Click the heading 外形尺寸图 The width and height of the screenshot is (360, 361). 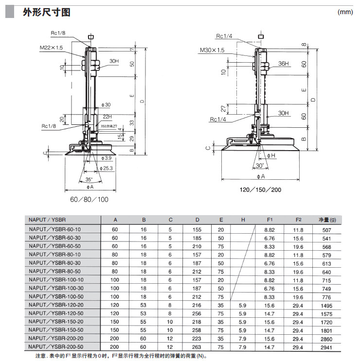click(x=46, y=12)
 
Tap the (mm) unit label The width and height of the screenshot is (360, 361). click(x=345, y=13)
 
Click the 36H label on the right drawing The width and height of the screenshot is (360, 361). click(x=284, y=64)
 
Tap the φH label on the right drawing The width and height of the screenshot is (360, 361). click(x=271, y=155)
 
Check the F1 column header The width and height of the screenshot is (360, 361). click(x=270, y=220)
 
